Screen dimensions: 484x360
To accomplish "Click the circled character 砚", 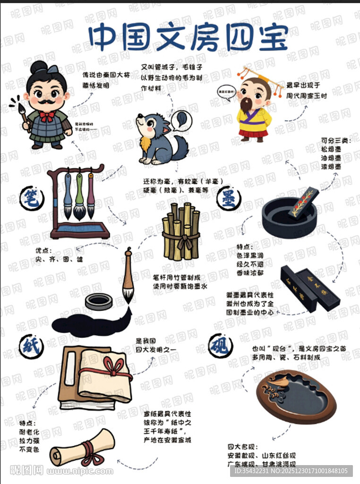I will tap(221, 346).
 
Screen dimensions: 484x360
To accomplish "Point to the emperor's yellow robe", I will tap(254, 120).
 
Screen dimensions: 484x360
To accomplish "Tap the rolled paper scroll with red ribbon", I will tap(83, 449).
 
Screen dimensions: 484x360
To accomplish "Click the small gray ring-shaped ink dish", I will tap(99, 301).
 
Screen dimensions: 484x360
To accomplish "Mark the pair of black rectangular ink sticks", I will tap(309, 288).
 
